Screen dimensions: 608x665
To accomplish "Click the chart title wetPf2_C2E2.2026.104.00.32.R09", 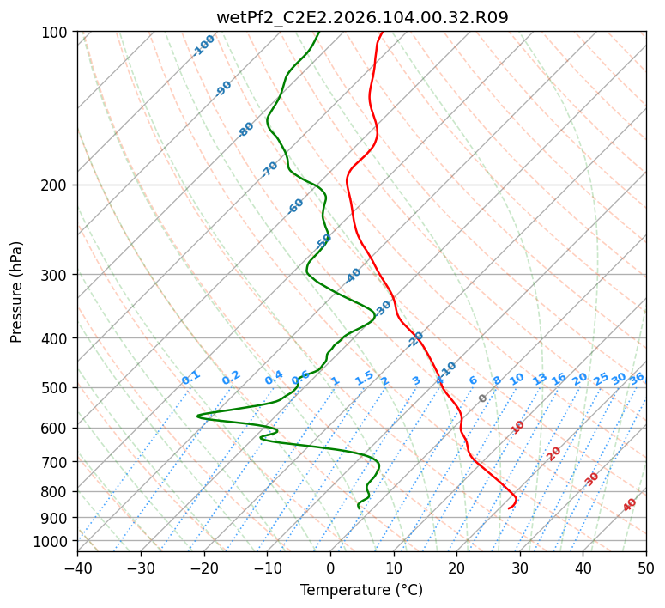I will (x=361, y=17).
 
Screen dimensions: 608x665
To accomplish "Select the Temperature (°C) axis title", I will (x=361, y=590).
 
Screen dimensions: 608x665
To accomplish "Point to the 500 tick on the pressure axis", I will (x=56, y=387).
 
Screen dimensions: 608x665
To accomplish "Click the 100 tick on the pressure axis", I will (x=56, y=32).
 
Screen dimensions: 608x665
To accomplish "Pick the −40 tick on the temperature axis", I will (x=77, y=568).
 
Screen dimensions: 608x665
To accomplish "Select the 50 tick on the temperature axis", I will (x=646, y=568).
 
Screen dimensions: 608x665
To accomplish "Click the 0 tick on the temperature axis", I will (x=330, y=568).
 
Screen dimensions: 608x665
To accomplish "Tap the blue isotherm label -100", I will (x=204, y=46).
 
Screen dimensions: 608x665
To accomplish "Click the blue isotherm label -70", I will (x=269, y=169).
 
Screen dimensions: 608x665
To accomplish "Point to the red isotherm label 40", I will (x=630, y=505).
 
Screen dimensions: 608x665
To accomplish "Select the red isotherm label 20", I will (x=554, y=453).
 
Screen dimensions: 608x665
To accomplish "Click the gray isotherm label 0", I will (x=483, y=398).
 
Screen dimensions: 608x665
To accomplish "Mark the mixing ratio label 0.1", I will (x=190, y=377).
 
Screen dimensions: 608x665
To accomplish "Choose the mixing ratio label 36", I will (x=637, y=378).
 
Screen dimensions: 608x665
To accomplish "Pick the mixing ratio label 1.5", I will (x=364, y=378).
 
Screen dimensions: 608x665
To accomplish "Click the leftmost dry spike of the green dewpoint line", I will (x=197, y=416).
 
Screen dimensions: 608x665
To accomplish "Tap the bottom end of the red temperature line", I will (x=508, y=508).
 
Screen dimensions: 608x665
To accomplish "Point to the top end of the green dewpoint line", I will (x=318, y=32).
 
